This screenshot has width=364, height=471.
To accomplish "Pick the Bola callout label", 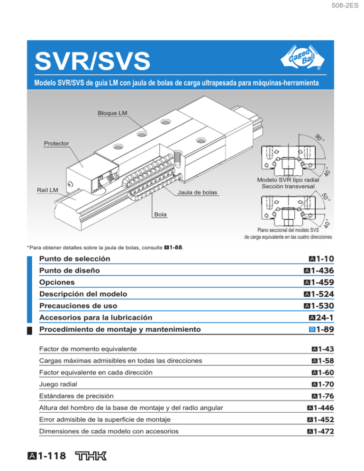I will coord(160,214).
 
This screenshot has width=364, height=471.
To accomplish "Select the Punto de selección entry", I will coord(75,259).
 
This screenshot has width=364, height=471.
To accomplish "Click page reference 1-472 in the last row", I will coord(322,431).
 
